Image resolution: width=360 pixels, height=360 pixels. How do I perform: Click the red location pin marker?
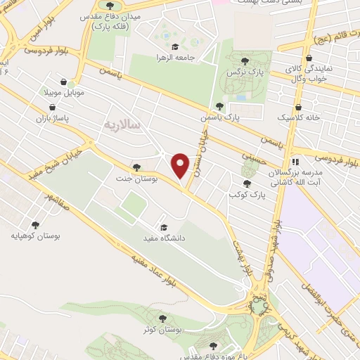[x=181, y=165]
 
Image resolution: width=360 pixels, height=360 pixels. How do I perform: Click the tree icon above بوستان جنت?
[x=136, y=167]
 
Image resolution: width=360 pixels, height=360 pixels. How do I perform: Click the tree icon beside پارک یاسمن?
[x=219, y=106]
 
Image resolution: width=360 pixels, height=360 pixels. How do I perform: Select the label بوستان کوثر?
[x=162, y=330]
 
